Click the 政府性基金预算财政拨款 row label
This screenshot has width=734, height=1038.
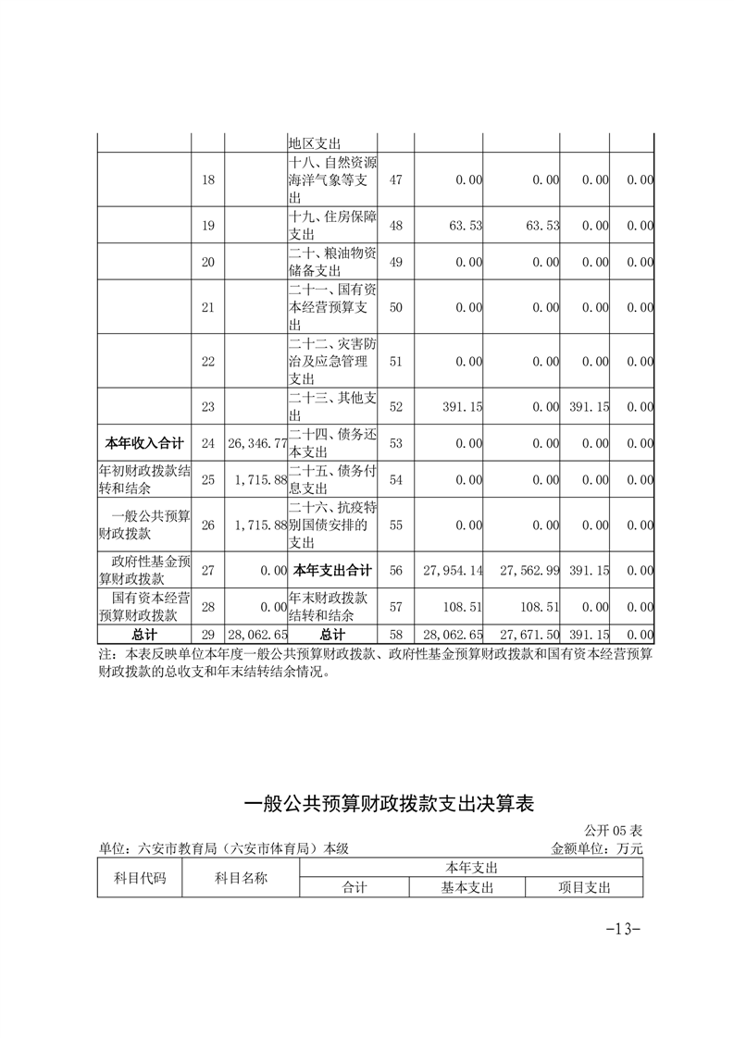[x=144, y=571]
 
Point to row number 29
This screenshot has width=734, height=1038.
[x=207, y=635]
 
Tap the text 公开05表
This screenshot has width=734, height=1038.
[x=619, y=831]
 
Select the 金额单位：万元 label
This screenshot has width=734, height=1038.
[x=596, y=847]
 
